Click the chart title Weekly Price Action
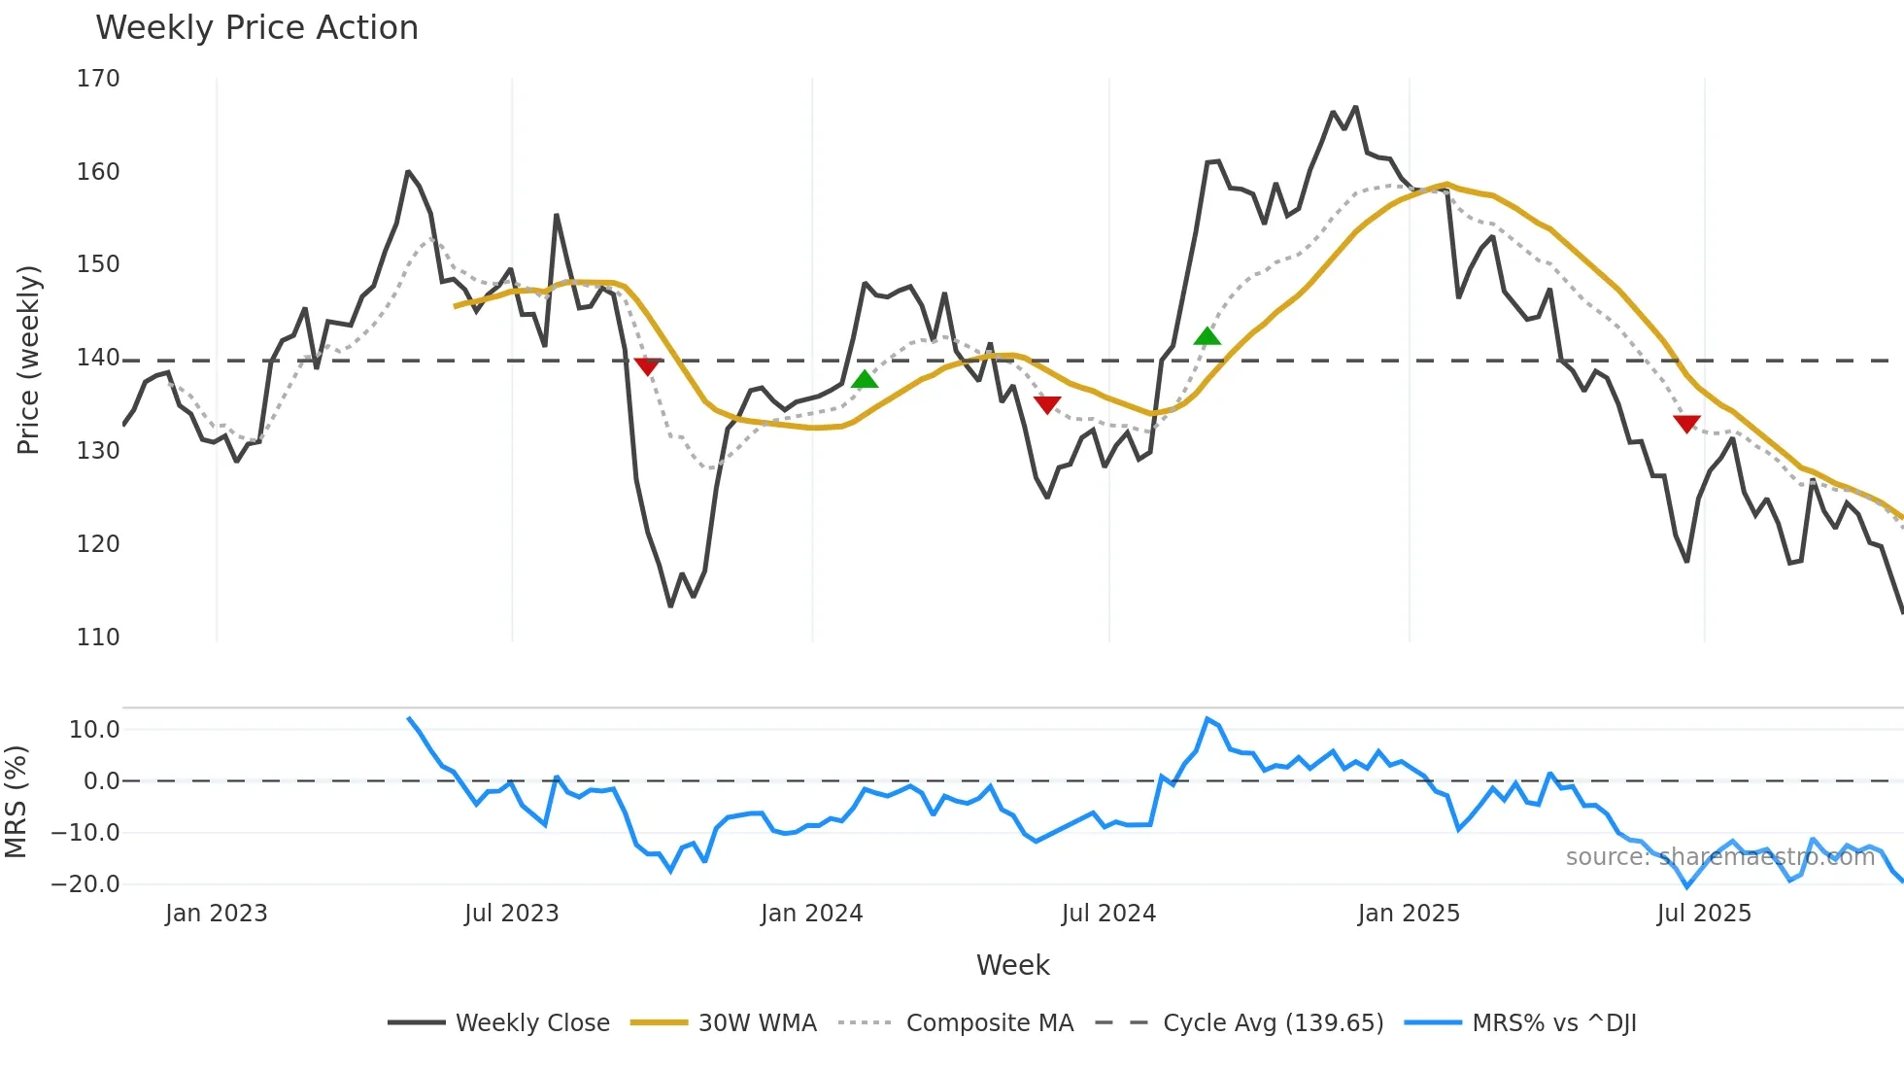(x=256, y=28)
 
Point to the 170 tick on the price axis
(x=98, y=79)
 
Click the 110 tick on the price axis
(x=98, y=638)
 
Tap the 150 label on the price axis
(x=98, y=264)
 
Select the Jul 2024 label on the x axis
(x=1108, y=914)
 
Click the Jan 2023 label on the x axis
(x=216, y=914)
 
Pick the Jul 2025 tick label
(x=1704, y=914)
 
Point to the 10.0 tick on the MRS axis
(x=94, y=730)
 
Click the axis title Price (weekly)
(x=28, y=360)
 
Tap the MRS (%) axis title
(x=16, y=802)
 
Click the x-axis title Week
(x=1012, y=965)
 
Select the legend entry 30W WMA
(x=757, y=1023)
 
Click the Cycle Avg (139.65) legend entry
(x=1273, y=1023)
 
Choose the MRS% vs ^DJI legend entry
(x=1553, y=1023)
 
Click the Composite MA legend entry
(x=989, y=1023)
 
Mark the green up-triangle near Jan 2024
(x=865, y=379)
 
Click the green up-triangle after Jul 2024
(x=1207, y=336)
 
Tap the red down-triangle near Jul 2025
(x=1686, y=424)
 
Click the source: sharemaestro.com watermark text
(x=1719, y=857)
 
